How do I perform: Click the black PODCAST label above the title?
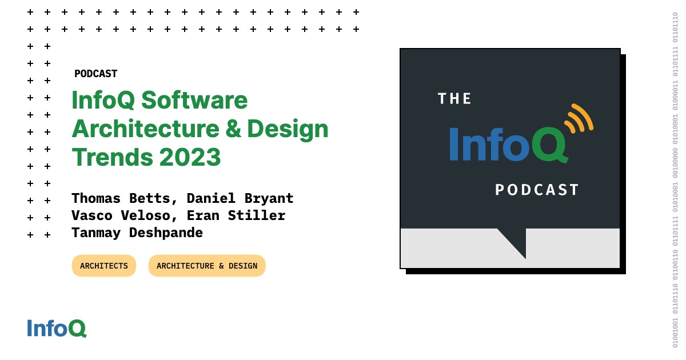coord(95,74)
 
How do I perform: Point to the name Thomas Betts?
coord(121,198)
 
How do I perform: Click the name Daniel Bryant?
coord(240,198)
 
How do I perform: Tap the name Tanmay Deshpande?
coord(137,233)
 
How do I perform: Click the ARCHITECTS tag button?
coord(104,266)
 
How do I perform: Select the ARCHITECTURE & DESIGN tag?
coord(207,266)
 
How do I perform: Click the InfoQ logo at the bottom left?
coord(57,328)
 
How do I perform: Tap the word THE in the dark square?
coord(454,99)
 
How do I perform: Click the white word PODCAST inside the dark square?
coord(537,190)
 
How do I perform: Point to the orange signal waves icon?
coord(579,119)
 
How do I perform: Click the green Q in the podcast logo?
coord(549,144)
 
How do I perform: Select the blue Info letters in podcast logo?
coord(489,144)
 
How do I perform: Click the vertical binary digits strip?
coord(675,180)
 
